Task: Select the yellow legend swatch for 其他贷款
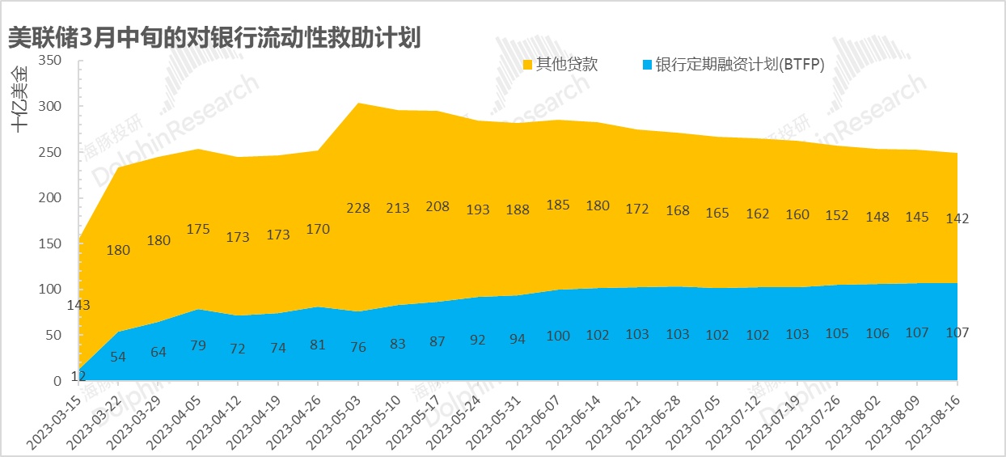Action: coord(528,65)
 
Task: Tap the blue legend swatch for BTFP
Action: coord(646,65)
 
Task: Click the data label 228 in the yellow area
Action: coord(358,208)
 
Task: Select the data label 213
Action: coord(398,208)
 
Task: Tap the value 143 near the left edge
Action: coord(78,305)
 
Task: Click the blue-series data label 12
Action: coord(78,375)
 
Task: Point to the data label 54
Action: coord(118,357)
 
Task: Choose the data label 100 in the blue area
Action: coord(558,336)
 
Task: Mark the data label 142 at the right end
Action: coord(957,218)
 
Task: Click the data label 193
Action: coord(478,209)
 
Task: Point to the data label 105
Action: coord(838,334)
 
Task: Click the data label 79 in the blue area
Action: coord(198,346)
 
